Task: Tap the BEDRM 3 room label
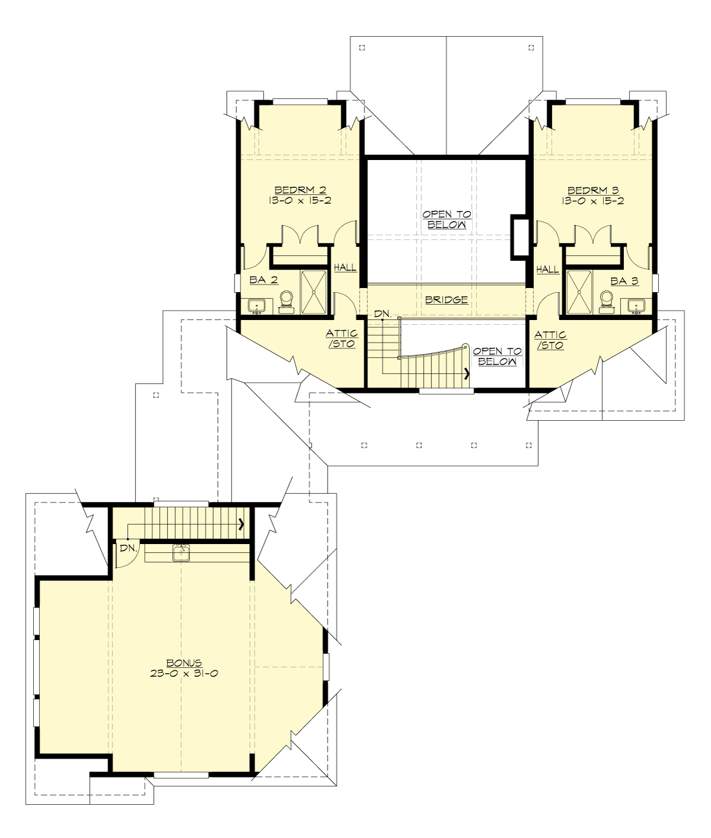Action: pos(593,190)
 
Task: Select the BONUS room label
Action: pos(184,663)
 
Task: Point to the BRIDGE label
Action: pos(446,300)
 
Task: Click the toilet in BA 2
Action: pos(286,300)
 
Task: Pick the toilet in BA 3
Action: pos(606,300)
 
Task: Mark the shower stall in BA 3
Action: pos(579,292)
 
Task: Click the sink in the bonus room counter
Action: pos(181,552)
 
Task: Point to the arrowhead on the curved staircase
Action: pos(467,374)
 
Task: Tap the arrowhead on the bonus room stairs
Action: pos(242,523)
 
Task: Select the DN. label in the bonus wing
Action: pos(128,549)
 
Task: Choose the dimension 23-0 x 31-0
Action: pos(184,674)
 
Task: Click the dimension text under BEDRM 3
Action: pos(593,201)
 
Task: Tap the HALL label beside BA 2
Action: pos(345,268)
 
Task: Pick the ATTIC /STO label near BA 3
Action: pos(551,340)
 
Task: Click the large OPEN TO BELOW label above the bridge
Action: pos(446,219)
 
